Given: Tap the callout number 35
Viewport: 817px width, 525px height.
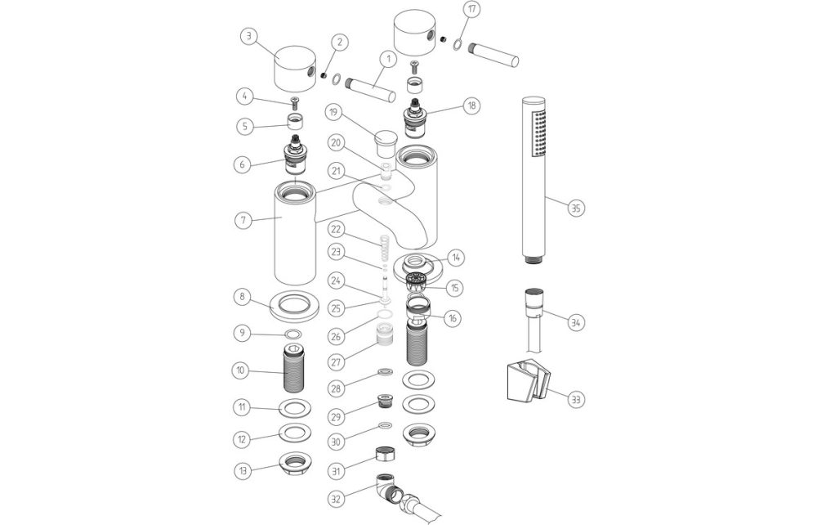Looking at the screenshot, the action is point(576,208).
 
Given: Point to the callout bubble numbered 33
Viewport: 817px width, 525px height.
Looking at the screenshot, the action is point(576,399).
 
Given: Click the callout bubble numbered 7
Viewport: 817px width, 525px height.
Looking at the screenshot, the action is point(241,220).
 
